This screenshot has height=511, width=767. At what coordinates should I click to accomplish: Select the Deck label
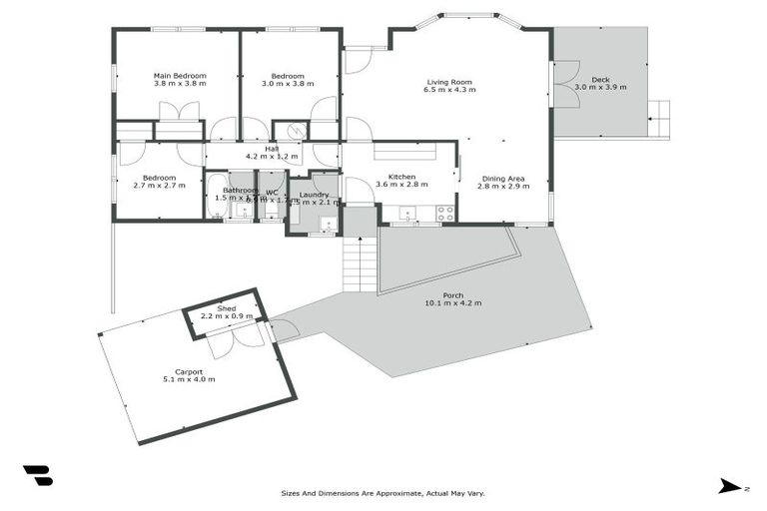click(x=600, y=79)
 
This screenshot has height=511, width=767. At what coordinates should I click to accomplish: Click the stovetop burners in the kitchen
click(x=444, y=213)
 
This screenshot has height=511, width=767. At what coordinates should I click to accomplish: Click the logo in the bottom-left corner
click(x=38, y=476)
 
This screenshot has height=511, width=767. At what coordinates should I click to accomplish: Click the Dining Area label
click(x=501, y=177)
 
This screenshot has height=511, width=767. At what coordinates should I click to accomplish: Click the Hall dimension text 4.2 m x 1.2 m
click(x=272, y=157)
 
